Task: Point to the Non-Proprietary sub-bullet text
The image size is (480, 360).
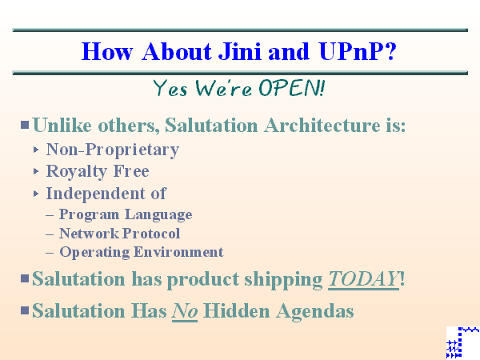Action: pos(112,149)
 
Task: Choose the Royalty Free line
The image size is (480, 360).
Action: pos(97,170)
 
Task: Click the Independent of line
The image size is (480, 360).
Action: pos(106,193)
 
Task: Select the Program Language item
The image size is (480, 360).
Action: pos(125,214)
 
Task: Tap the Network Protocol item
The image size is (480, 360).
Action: pos(119,234)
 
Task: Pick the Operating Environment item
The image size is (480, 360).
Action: pos(141,252)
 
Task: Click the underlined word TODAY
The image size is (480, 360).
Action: pos(363,279)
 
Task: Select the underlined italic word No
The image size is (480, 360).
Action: pos(185,310)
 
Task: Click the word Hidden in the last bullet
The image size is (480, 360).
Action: pos(238,310)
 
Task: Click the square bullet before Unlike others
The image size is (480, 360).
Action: pos(25,125)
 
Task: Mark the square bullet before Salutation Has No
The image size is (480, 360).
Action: pos(25,310)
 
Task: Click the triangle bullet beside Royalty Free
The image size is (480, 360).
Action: pos(37,171)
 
